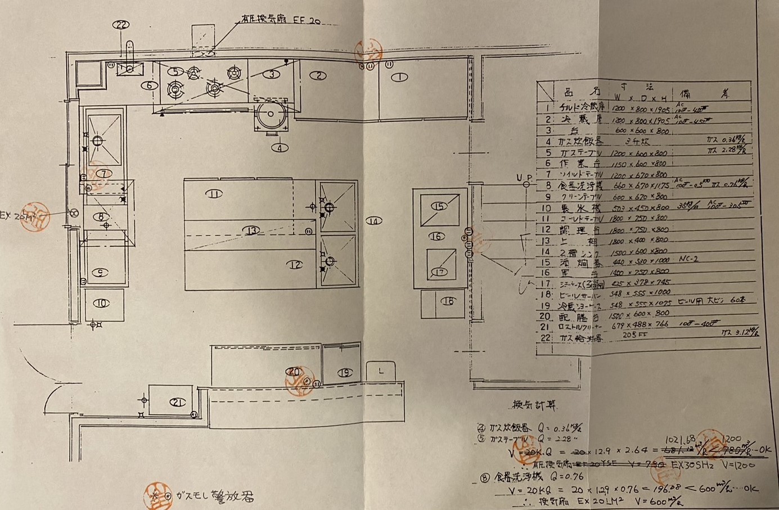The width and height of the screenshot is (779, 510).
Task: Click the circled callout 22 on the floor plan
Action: (121, 24)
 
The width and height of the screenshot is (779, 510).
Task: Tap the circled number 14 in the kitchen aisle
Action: (374, 221)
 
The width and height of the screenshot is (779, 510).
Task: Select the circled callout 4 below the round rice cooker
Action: (280, 148)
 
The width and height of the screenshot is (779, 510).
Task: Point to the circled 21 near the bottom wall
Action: (178, 403)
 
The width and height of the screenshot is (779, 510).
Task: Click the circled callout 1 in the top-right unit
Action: (399, 77)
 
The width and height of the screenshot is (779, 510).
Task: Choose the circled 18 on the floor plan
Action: (448, 301)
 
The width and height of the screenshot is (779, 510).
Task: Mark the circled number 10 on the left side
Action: (101, 304)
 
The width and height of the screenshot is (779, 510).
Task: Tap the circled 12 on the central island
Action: (296, 265)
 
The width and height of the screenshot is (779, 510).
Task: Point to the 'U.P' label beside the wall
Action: (524, 179)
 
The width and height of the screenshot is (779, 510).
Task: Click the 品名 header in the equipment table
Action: (573, 92)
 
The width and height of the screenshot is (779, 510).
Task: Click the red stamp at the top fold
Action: (370, 49)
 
